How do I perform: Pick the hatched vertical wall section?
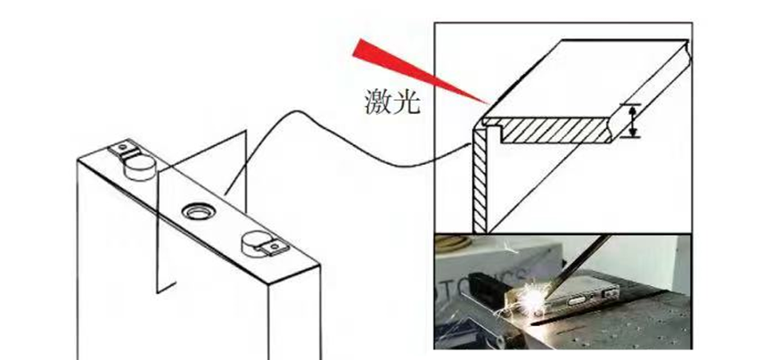point(480,179)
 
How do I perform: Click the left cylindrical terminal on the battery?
point(140,168)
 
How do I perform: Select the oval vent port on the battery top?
point(198,212)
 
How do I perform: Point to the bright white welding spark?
point(533,298)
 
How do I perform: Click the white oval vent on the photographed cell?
point(577,300)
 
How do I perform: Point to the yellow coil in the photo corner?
point(451,243)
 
